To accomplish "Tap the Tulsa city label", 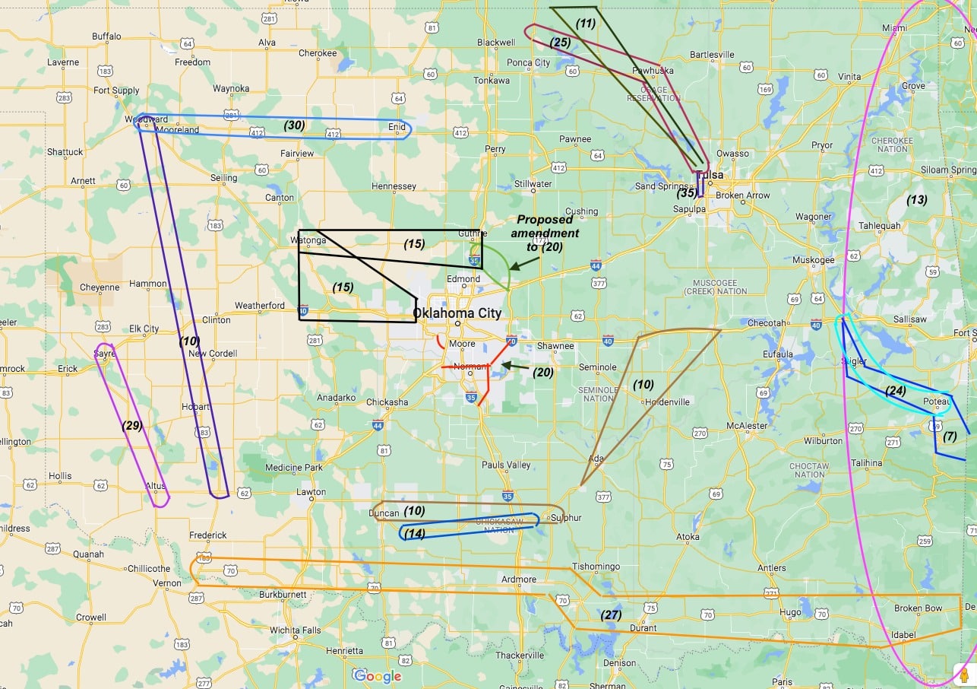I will [x=712, y=175].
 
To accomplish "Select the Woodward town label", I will [x=145, y=119].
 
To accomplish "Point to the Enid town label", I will [x=397, y=127].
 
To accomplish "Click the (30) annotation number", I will [x=294, y=125].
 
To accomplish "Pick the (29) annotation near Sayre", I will [x=132, y=425].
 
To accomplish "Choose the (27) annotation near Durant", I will [x=612, y=614].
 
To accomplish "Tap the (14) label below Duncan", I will [x=414, y=533].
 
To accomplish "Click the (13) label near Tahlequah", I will [x=917, y=200].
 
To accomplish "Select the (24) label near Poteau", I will [x=896, y=391].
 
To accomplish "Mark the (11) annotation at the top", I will [x=585, y=23].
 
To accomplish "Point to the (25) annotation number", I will [x=560, y=42].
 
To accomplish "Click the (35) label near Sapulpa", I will [x=687, y=192].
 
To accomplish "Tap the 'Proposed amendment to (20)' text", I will [x=547, y=233].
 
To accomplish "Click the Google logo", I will [x=378, y=676].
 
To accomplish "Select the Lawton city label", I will [x=311, y=492].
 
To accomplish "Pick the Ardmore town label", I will [x=519, y=579].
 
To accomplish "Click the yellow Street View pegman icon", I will [x=964, y=675].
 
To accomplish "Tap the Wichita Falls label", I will [x=296, y=630].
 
